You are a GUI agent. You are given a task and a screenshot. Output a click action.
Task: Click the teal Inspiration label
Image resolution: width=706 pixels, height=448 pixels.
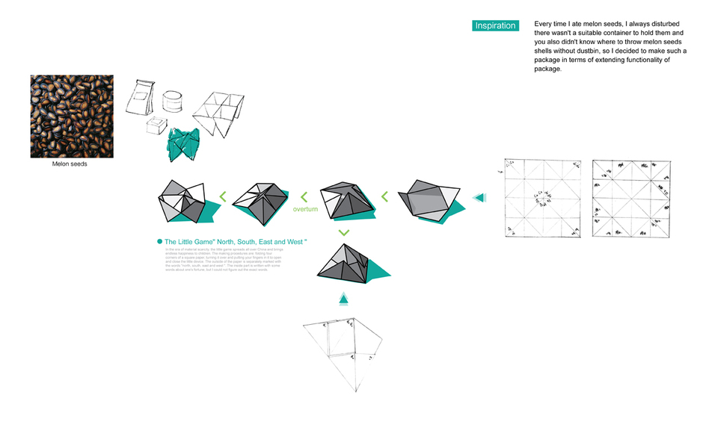[x=495, y=25]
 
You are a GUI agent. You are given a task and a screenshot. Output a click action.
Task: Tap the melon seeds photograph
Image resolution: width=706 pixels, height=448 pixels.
[x=72, y=116]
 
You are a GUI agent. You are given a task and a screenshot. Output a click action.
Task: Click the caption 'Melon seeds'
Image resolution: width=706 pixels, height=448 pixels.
[x=70, y=164]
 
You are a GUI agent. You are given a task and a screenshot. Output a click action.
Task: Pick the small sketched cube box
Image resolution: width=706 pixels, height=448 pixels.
[x=157, y=126]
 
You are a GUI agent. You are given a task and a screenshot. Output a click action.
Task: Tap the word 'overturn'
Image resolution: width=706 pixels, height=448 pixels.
[x=305, y=209]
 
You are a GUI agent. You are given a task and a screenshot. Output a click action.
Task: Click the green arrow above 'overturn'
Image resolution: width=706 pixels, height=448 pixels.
[x=304, y=197]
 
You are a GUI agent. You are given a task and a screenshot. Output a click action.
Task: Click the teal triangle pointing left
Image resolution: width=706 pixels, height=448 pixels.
[x=479, y=198]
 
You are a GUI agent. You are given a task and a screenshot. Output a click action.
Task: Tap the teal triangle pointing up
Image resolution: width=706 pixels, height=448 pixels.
[x=343, y=299]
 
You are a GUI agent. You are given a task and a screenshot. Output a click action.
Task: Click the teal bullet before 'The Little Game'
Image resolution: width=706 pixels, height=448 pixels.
[x=159, y=242]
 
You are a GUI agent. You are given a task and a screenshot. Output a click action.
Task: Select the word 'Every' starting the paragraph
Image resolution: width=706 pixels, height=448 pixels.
[x=545, y=25]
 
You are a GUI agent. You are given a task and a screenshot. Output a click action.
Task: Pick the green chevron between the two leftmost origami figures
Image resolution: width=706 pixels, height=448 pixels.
[x=222, y=197]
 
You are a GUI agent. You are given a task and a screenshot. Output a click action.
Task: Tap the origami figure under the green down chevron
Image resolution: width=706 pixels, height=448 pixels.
[x=344, y=268]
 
